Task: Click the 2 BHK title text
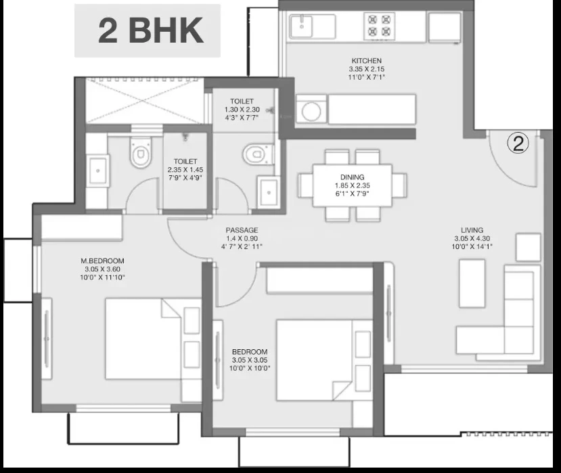(x=151, y=30)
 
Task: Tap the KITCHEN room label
(x=366, y=61)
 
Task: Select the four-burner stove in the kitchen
(x=379, y=26)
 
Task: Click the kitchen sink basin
(x=301, y=26)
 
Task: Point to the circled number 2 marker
(x=518, y=143)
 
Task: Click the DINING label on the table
(x=353, y=177)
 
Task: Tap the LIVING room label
(x=472, y=230)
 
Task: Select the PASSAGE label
(x=242, y=230)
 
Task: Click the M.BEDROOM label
(x=102, y=261)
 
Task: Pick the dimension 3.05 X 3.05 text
(x=250, y=360)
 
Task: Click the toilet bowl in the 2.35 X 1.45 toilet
(x=141, y=153)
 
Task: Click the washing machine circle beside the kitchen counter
(x=311, y=112)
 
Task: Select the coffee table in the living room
(x=472, y=284)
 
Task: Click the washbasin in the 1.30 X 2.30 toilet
(x=269, y=192)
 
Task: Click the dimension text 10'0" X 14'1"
(x=472, y=246)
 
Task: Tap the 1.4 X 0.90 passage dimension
(x=242, y=238)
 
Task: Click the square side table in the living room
(x=528, y=247)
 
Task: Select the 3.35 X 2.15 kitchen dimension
(x=366, y=69)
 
